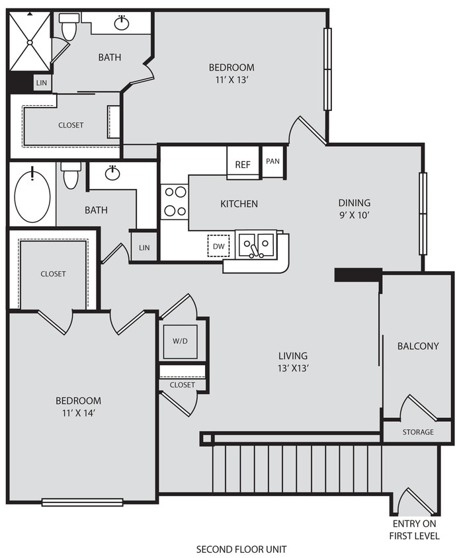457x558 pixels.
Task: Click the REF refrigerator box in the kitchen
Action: point(243,164)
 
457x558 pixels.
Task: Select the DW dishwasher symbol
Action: point(218,245)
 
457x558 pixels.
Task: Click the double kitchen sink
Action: point(257,244)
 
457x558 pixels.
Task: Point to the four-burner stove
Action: point(175,201)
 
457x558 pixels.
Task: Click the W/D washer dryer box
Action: point(180,342)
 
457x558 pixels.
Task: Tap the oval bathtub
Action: point(32,196)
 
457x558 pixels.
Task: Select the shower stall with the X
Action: point(30,42)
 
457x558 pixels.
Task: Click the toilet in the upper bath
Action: point(68,27)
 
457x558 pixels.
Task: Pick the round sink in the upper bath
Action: point(121,24)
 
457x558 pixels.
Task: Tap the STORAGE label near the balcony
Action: point(418,432)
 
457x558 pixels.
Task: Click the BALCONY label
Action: point(417,346)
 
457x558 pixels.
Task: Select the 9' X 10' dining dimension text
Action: point(354,215)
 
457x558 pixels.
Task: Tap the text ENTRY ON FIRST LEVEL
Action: point(415,530)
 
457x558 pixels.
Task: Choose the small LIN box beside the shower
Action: point(42,83)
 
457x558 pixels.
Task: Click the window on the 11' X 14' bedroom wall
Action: point(83,502)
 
